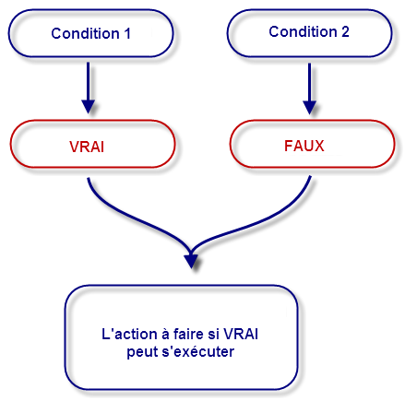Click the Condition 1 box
tap(90, 33)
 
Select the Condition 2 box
tap(309, 32)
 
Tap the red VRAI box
tap(90, 147)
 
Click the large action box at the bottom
tap(182, 338)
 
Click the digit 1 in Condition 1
tap(126, 33)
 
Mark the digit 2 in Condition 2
tap(345, 32)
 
